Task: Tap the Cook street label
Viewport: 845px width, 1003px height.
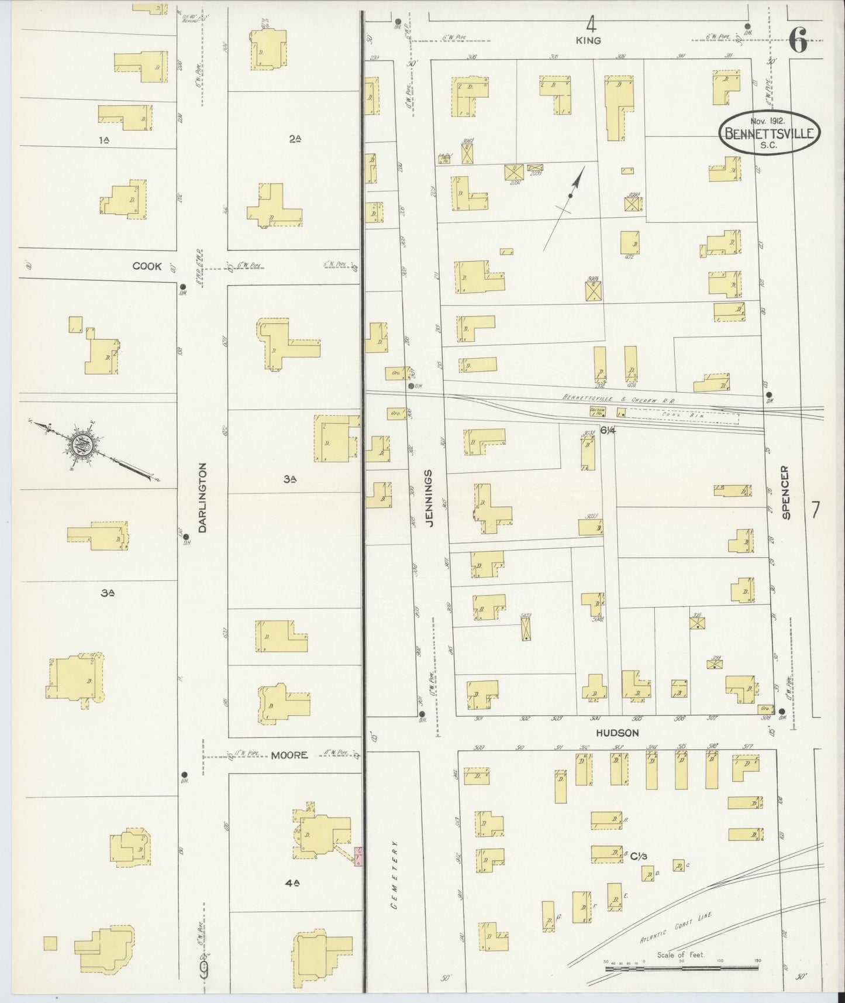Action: click(x=147, y=266)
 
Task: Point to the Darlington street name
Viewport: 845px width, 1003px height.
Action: click(x=202, y=498)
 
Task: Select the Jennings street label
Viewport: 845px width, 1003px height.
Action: click(x=430, y=499)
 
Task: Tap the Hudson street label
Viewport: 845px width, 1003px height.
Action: click(x=617, y=733)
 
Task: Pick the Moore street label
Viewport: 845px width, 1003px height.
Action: click(x=289, y=755)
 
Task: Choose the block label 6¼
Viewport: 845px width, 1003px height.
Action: click(x=608, y=430)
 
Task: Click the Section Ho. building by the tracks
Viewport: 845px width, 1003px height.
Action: click(x=597, y=411)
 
